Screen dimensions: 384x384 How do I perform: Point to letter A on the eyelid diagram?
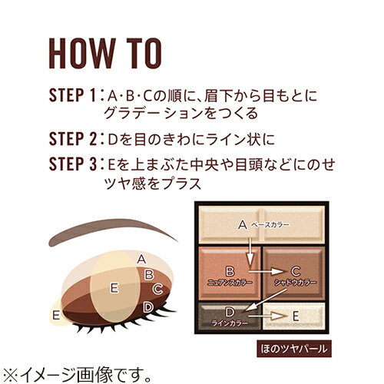coord(141,259)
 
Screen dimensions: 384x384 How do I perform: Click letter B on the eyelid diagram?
coord(151,273)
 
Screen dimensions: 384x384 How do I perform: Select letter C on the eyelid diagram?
coord(157,290)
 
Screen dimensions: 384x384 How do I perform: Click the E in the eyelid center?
coord(114,287)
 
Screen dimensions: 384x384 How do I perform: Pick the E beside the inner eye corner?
coord(55,314)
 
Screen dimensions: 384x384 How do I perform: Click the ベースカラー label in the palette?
coord(269,225)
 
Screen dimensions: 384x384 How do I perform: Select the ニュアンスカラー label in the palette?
coord(229,281)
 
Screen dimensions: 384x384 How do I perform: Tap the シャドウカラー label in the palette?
coord(296,281)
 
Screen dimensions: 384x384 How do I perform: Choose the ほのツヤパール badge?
coord(290,349)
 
